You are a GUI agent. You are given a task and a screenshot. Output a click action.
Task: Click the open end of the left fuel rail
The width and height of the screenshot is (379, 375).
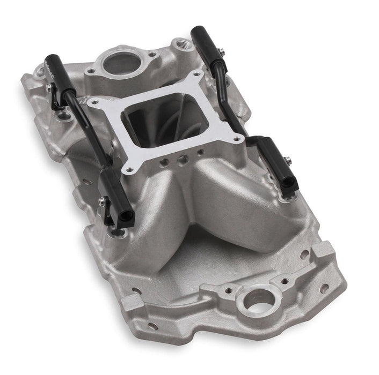(128, 216)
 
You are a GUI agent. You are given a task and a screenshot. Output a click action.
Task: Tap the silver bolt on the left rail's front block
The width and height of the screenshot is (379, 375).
(101, 202)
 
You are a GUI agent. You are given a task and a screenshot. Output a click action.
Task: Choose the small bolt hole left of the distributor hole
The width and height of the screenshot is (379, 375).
(229, 290)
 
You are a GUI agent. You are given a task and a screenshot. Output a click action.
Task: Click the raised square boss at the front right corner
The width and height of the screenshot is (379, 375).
(322, 250)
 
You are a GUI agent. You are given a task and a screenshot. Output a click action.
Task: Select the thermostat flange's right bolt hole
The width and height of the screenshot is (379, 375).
(153, 54)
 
